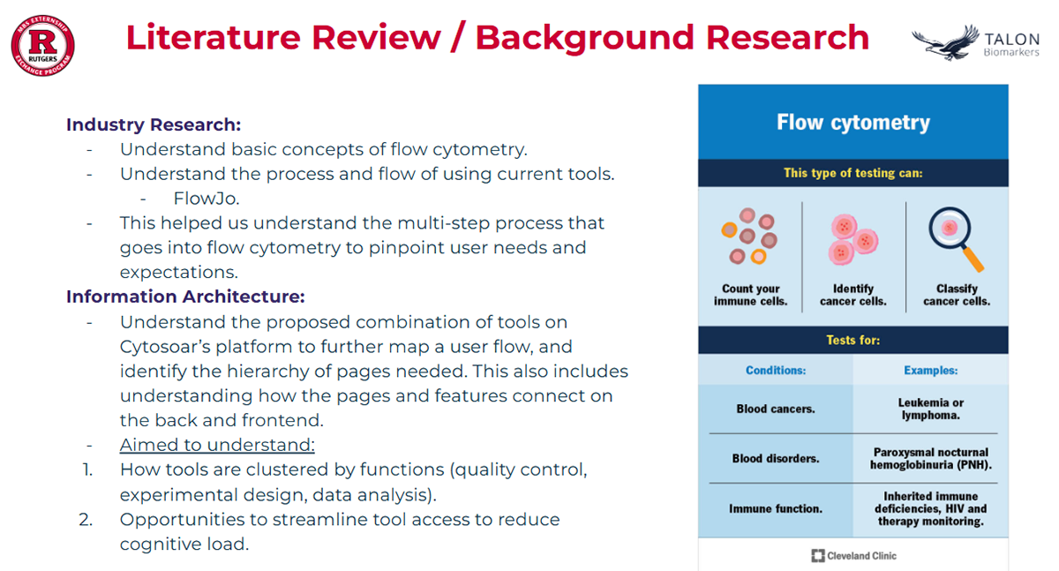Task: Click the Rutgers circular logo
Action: [x=42, y=46]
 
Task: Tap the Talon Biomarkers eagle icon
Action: [x=944, y=42]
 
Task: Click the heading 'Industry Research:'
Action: [x=153, y=124]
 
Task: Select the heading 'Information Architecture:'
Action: [x=185, y=297]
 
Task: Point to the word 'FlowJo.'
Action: [x=207, y=199]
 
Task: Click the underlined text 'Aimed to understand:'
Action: [x=217, y=445]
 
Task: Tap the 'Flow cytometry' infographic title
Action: [x=852, y=122]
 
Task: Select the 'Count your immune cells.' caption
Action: [x=750, y=295]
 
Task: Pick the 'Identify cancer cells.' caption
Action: [x=853, y=295]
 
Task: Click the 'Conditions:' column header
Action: [x=776, y=371]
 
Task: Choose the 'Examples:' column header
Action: [x=930, y=371]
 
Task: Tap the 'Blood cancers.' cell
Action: [x=776, y=409]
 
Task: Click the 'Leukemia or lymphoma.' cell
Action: [x=930, y=409]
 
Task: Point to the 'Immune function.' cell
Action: [x=776, y=509]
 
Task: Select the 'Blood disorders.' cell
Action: [x=776, y=459]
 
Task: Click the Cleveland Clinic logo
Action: [x=852, y=555]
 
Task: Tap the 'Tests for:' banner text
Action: [x=852, y=340]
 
